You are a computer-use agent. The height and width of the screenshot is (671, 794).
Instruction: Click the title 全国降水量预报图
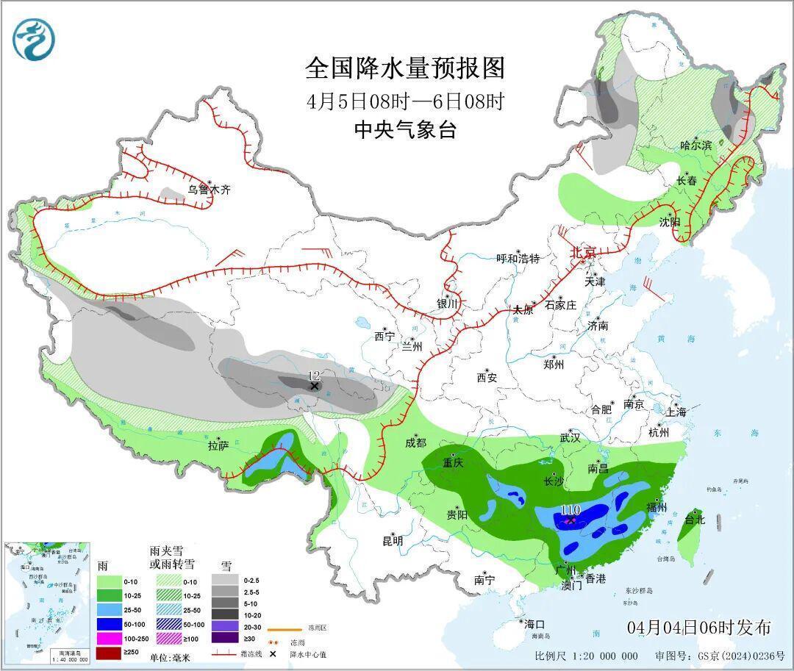pos(405,68)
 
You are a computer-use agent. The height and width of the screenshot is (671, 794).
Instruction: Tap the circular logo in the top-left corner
pos(35,40)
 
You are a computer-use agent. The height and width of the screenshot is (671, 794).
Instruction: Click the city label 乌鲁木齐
pos(209,190)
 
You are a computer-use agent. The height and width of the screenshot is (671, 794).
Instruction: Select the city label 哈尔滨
pos(695,146)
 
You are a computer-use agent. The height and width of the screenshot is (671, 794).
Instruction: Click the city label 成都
pos(415,442)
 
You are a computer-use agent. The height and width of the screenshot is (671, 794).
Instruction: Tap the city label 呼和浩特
pos(518,259)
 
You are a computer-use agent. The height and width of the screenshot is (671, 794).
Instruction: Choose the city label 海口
pos(534,624)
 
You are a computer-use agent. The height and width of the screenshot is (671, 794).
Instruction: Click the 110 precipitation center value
pos(571,509)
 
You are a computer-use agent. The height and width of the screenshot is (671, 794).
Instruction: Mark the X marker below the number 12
pos(315,386)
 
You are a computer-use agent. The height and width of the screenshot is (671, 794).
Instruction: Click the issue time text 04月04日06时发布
pos(699,627)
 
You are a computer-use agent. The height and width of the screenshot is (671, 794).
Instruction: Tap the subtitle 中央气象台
pos(405,130)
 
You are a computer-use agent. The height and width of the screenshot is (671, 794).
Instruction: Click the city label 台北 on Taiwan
pos(694,520)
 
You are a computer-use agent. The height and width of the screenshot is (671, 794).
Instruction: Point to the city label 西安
pos(487,378)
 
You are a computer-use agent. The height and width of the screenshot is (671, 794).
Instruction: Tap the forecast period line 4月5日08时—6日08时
pos(405,101)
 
